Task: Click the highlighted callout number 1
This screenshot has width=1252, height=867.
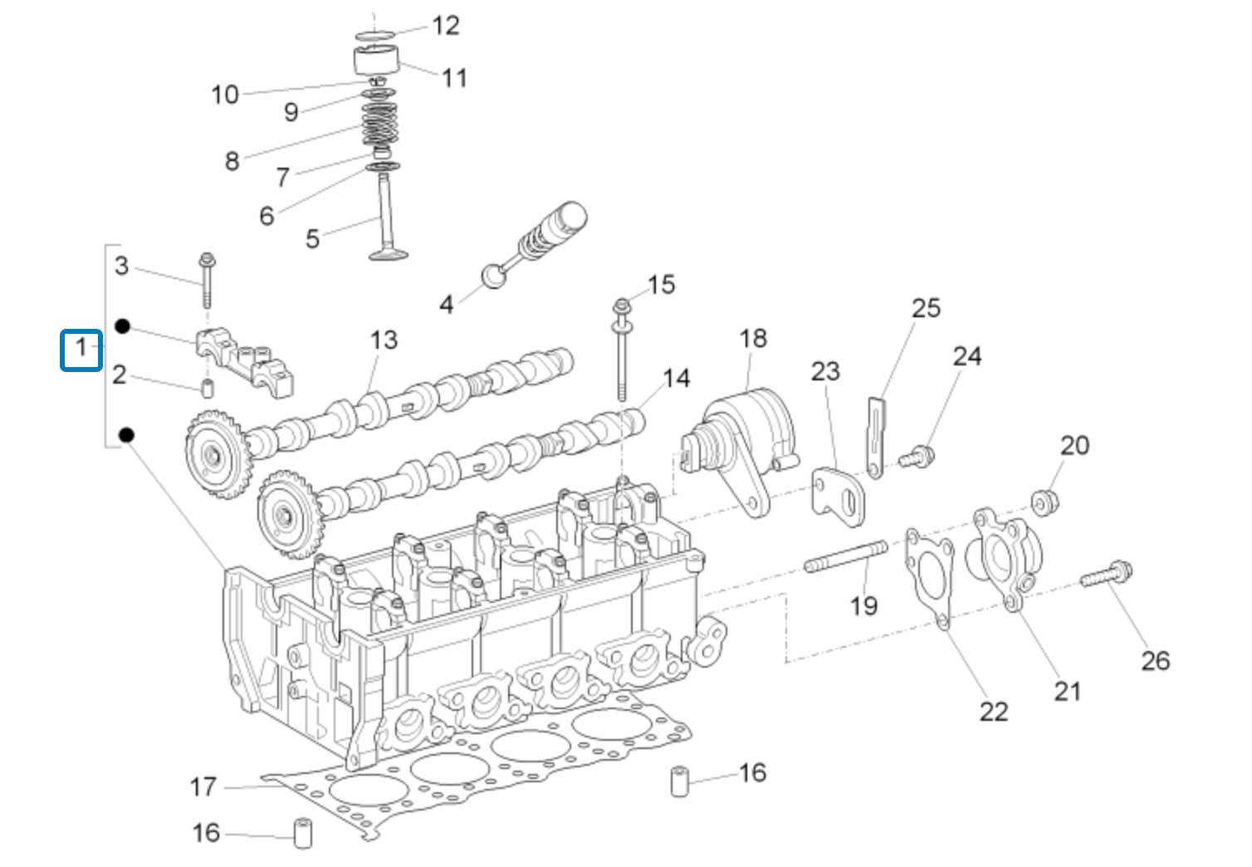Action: (81, 349)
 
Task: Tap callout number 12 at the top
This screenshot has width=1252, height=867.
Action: (445, 26)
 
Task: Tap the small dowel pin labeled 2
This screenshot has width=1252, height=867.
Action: (208, 388)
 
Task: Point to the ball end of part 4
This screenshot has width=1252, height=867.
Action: (494, 275)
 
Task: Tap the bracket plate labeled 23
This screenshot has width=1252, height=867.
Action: (838, 496)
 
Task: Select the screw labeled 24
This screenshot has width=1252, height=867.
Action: (917, 456)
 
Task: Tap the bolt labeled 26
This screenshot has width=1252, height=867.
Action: (1108, 575)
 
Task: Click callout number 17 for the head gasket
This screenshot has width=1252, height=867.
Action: (203, 786)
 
